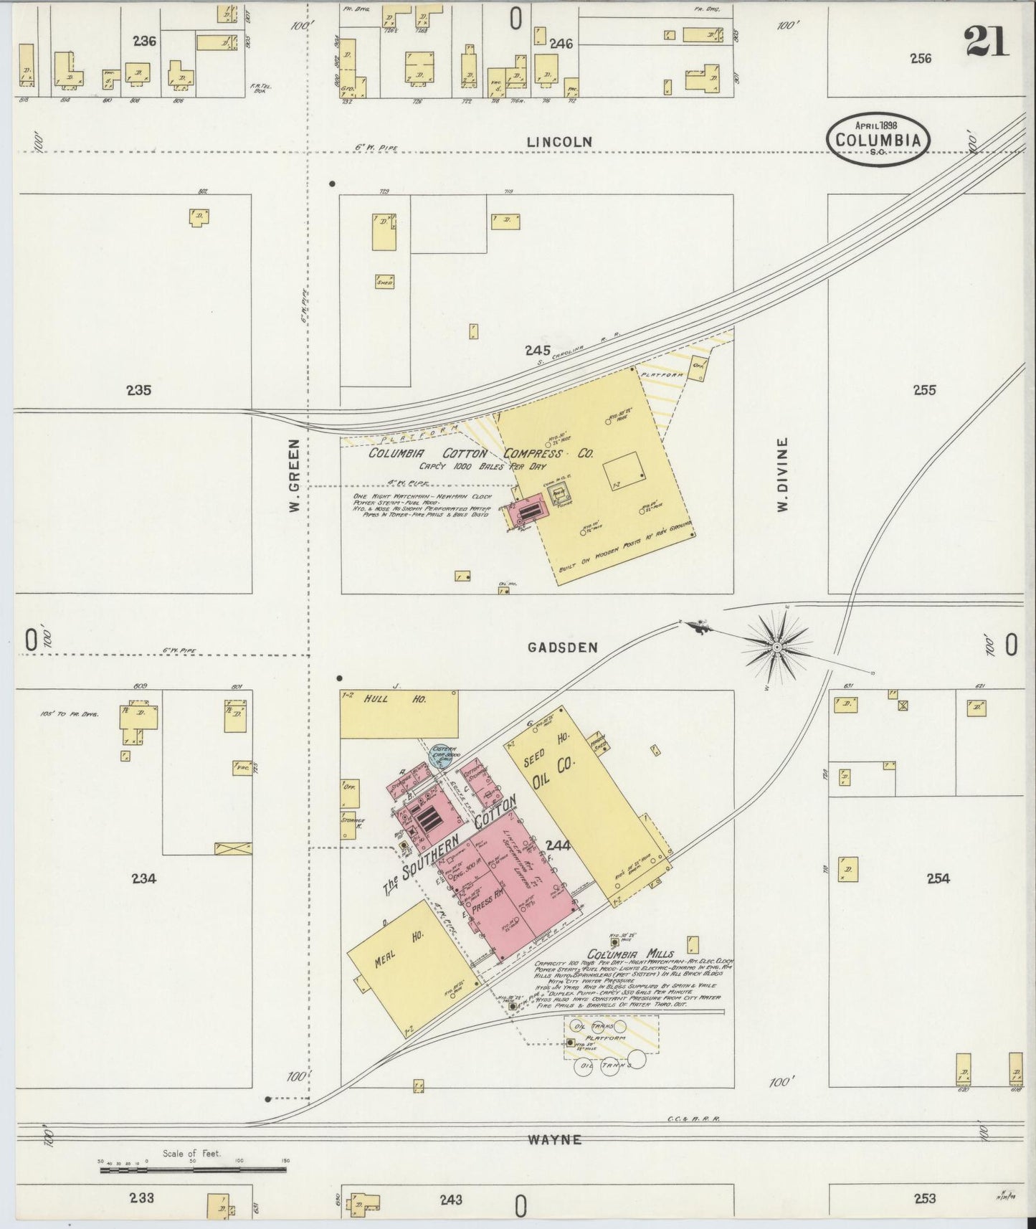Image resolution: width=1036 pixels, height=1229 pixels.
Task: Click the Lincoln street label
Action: point(559,142)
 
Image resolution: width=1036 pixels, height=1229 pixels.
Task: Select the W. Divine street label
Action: point(782,474)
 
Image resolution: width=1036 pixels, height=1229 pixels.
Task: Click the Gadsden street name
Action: point(562,647)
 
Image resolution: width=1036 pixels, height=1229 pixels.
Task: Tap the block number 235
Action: point(138,391)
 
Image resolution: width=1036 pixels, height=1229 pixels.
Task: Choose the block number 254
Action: point(938,878)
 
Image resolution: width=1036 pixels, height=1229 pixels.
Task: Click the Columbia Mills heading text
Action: point(630,954)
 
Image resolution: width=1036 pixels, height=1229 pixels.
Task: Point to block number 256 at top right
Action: point(921,59)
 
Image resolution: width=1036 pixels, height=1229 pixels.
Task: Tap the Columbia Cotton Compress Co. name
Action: point(480,454)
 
